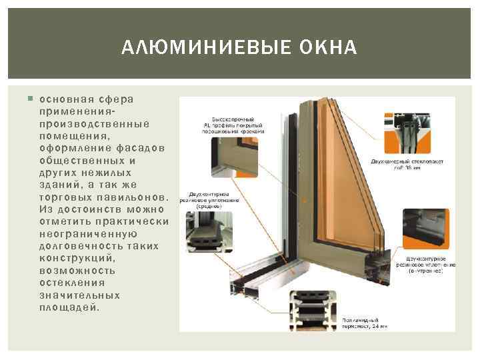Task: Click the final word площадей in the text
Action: pos(69,307)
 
